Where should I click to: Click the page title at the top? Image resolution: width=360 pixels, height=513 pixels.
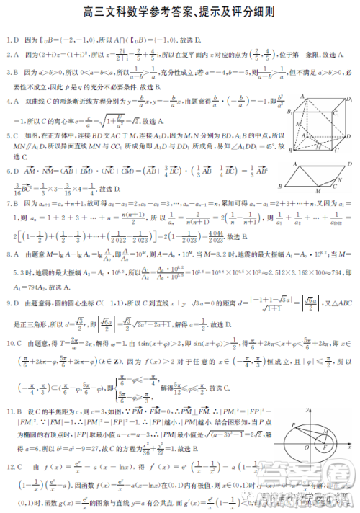coord(179,13)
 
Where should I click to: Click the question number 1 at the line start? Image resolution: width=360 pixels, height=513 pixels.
coord(7,39)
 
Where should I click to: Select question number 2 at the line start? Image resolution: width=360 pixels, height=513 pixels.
coord(7,54)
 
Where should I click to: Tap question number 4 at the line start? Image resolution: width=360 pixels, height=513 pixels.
coord(7,102)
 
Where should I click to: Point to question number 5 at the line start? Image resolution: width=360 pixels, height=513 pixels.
coord(7,135)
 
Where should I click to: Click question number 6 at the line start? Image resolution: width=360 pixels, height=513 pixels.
coord(7,171)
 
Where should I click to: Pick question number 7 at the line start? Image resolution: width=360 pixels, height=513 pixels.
coord(7,203)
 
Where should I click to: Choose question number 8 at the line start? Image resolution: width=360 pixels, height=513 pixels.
coord(7,254)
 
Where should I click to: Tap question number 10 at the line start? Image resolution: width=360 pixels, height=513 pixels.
coord(9,344)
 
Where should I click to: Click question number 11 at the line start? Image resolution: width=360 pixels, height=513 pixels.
coord(9,411)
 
